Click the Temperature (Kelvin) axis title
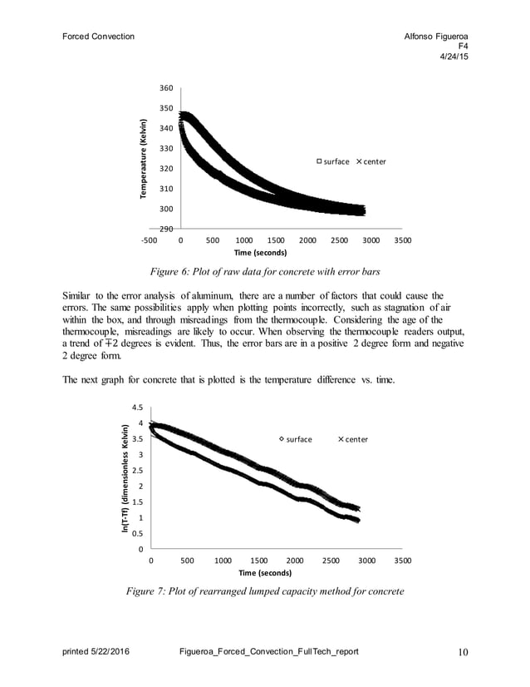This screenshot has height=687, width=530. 144,158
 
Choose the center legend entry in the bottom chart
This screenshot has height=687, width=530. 352,439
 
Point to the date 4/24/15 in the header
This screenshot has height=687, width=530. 453,57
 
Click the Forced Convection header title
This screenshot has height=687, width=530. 98,37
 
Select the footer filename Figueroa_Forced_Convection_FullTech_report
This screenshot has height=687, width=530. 268,651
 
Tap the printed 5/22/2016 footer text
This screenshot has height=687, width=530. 96,651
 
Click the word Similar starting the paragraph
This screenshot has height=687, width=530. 79,296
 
